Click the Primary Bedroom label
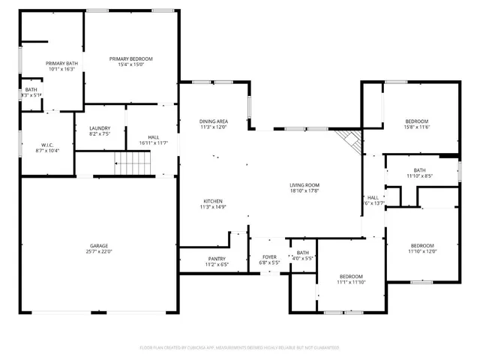click(x=131, y=58)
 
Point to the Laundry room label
click(x=100, y=128)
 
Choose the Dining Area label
click(x=213, y=121)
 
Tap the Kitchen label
click(x=213, y=201)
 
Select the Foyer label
click(x=269, y=258)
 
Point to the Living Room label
click(x=305, y=185)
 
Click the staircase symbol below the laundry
click(x=132, y=161)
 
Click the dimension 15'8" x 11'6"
click(x=417, y=127)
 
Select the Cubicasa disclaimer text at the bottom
click(x=240, y=348)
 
